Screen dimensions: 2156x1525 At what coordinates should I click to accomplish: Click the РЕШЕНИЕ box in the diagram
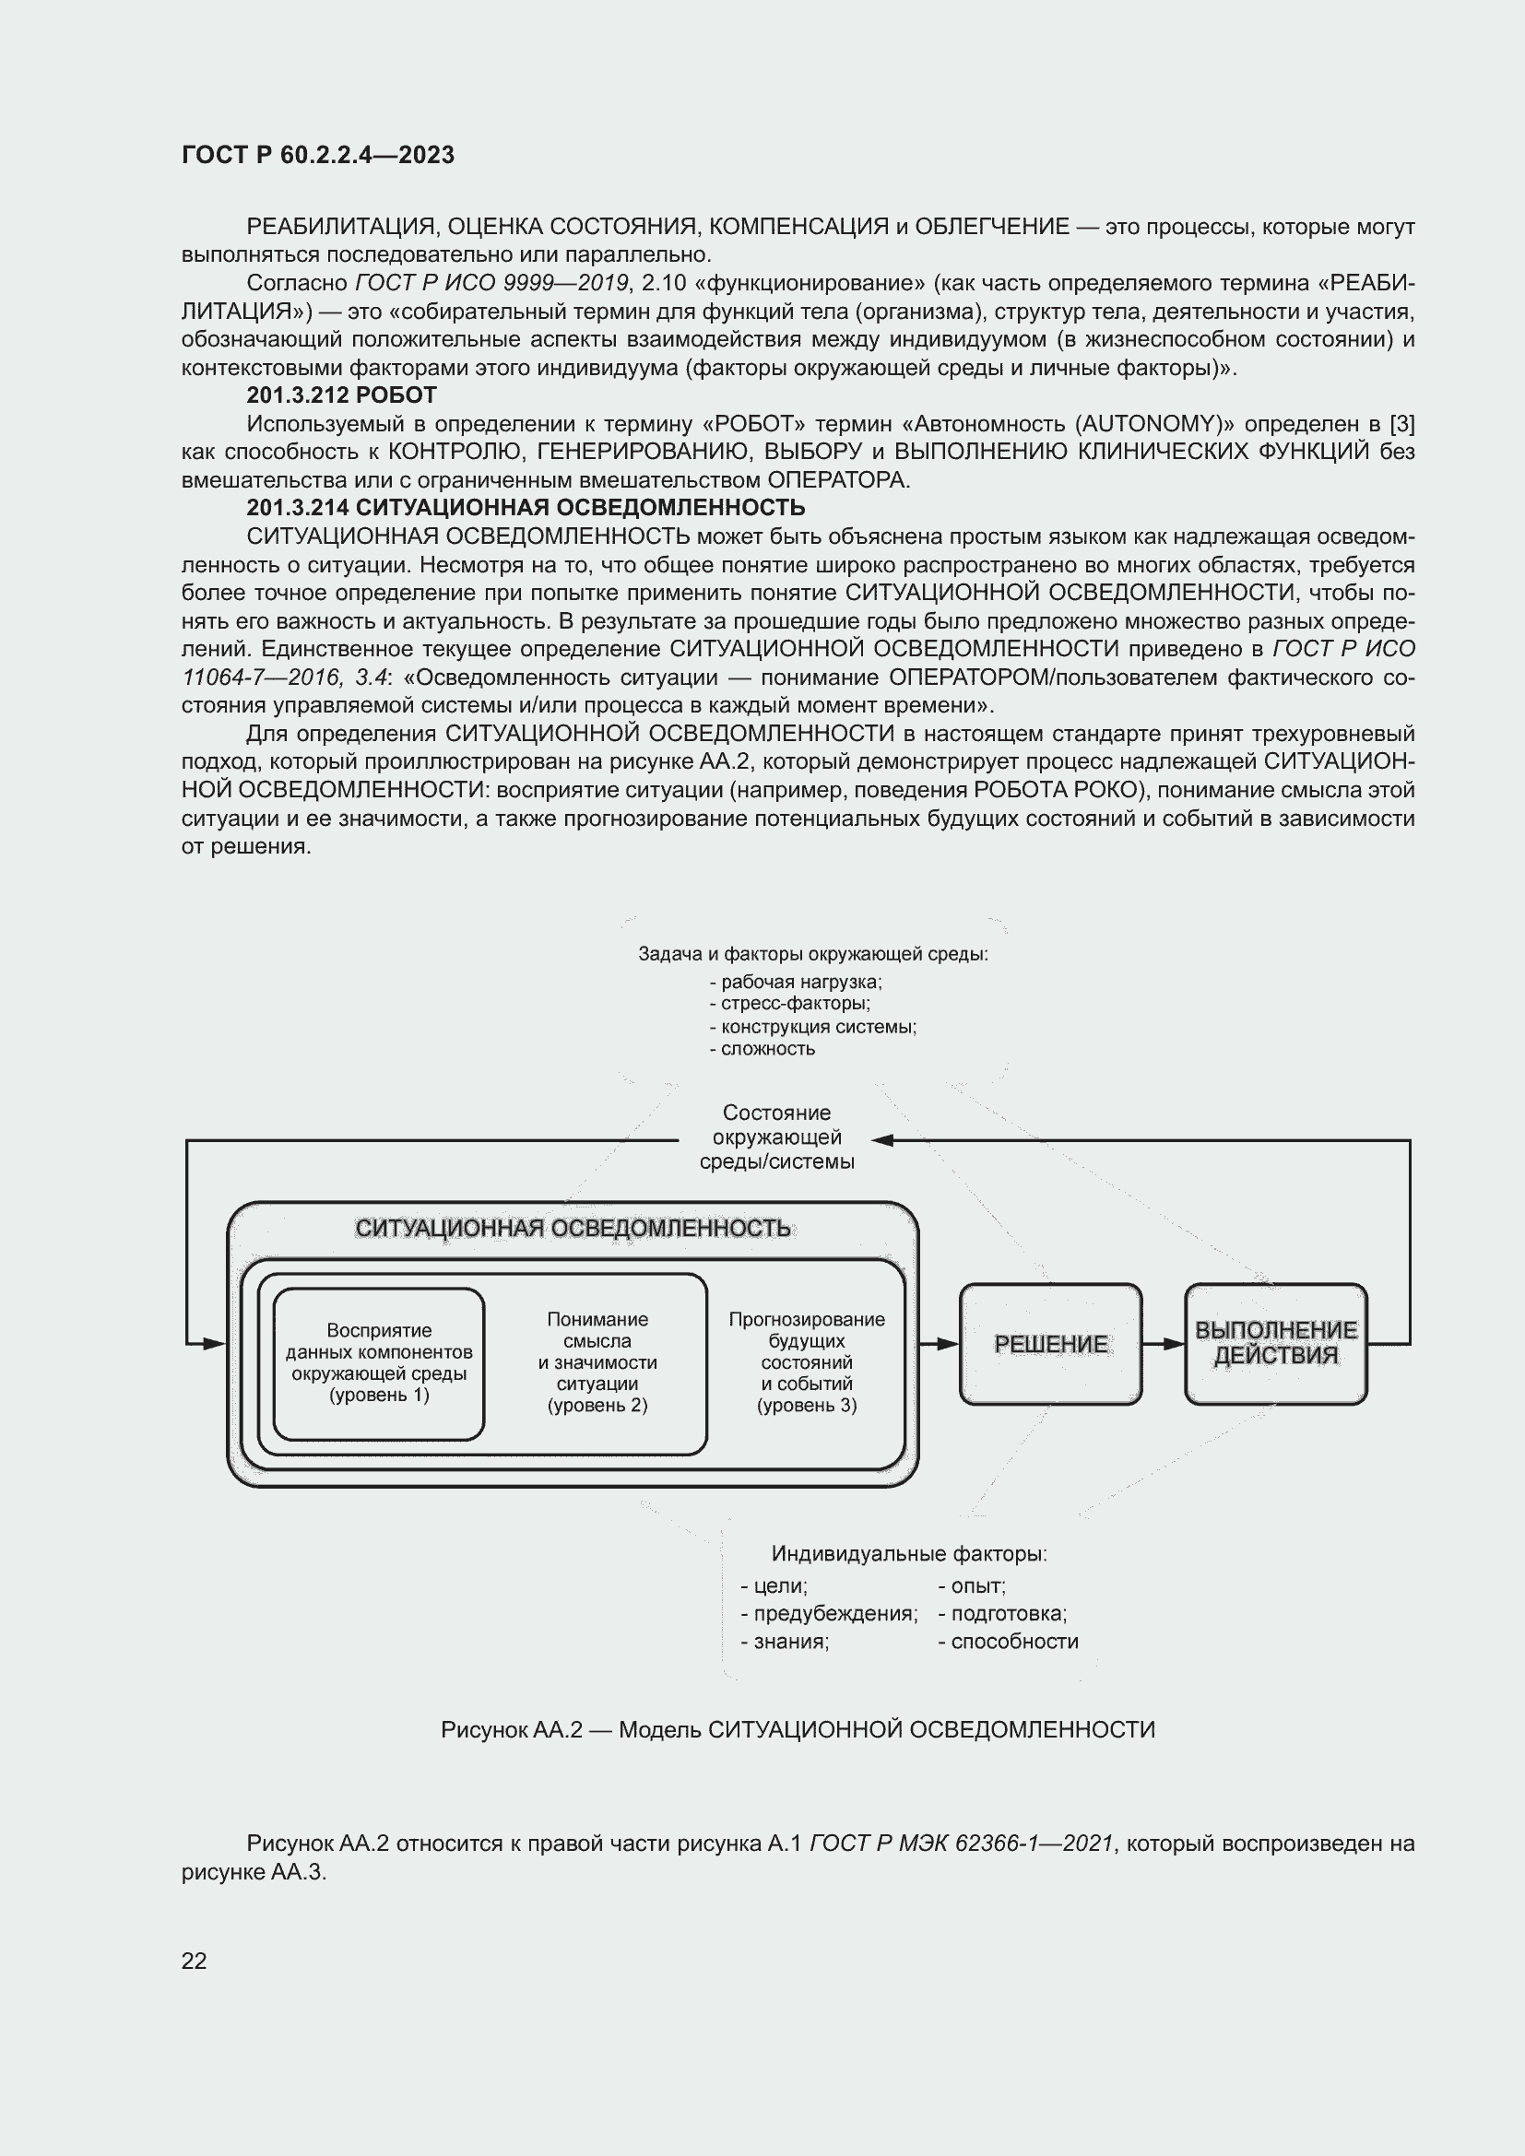click(1050, 1344)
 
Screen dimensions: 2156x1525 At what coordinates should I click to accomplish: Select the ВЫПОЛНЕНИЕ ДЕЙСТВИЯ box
click(1275, 1344)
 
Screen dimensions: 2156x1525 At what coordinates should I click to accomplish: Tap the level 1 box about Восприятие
click(378, 1363)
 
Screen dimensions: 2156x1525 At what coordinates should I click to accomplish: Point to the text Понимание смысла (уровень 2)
click(597, 1361)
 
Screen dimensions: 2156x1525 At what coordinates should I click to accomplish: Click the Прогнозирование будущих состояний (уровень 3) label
click(807, 1361)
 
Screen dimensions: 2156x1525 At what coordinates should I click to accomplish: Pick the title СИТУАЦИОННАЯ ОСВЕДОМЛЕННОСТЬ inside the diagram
click(573, 1228)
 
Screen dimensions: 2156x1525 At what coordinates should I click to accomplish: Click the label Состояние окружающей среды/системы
click(776, 1137)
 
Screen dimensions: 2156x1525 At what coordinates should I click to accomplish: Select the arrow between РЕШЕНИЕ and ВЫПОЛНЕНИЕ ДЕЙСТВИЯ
click(1164, 1344)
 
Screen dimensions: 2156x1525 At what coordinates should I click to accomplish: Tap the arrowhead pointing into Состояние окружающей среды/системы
click(881, 1140)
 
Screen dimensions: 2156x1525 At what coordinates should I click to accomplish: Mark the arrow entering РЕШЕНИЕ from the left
click(938, 1344)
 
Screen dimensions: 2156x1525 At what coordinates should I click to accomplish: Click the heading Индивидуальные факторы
click(908, 1554)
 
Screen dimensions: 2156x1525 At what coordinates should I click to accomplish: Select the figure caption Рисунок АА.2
click(798, 1729)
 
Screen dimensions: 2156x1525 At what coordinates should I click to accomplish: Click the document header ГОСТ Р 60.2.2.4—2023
click(318, 155)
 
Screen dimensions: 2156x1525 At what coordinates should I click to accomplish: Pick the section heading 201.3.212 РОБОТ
click(342, 395)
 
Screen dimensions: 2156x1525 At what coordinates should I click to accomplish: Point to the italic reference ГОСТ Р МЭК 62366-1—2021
click(961, 1844)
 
